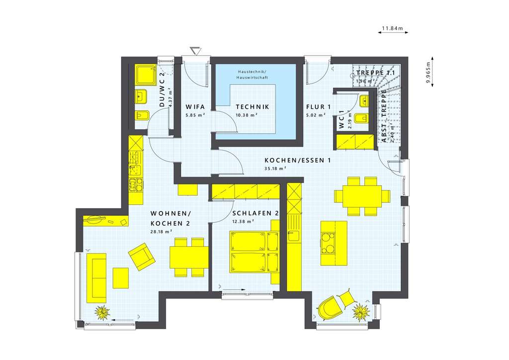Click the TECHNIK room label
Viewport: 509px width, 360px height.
252,107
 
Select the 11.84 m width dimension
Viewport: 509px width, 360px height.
393,28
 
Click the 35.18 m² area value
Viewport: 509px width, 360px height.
275,169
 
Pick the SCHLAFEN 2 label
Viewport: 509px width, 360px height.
255,213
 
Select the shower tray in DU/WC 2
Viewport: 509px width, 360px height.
146,75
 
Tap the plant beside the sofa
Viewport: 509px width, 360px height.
103,313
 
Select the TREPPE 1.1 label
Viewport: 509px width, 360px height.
375,73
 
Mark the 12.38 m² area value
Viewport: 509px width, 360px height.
244,221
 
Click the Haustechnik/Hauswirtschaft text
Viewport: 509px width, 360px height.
253,75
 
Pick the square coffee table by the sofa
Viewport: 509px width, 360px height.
120,277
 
